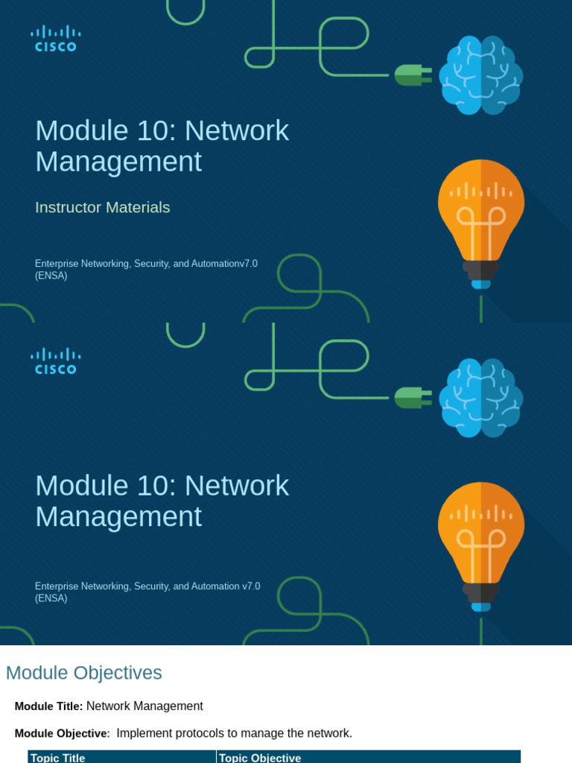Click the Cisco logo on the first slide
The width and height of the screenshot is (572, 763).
[55, 38]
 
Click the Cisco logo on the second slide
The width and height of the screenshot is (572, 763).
[55, 361]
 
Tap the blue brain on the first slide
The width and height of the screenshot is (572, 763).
[480, 75]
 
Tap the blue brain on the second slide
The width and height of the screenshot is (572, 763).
[480, 397]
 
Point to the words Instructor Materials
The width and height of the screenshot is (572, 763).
[103, 207]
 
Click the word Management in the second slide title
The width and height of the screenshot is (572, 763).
[118, 516]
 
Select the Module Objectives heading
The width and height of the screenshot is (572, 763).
[84, 673]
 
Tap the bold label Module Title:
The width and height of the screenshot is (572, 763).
[48, 706]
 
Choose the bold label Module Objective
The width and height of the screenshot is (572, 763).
[61, 733]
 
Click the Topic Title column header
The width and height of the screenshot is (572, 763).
[58, 758]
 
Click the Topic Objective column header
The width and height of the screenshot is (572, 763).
[260, 758]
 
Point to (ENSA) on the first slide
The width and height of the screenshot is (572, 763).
[51, 276]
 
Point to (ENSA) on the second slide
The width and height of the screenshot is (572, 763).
[51, 598]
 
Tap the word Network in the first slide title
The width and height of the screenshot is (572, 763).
[237, 130]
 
